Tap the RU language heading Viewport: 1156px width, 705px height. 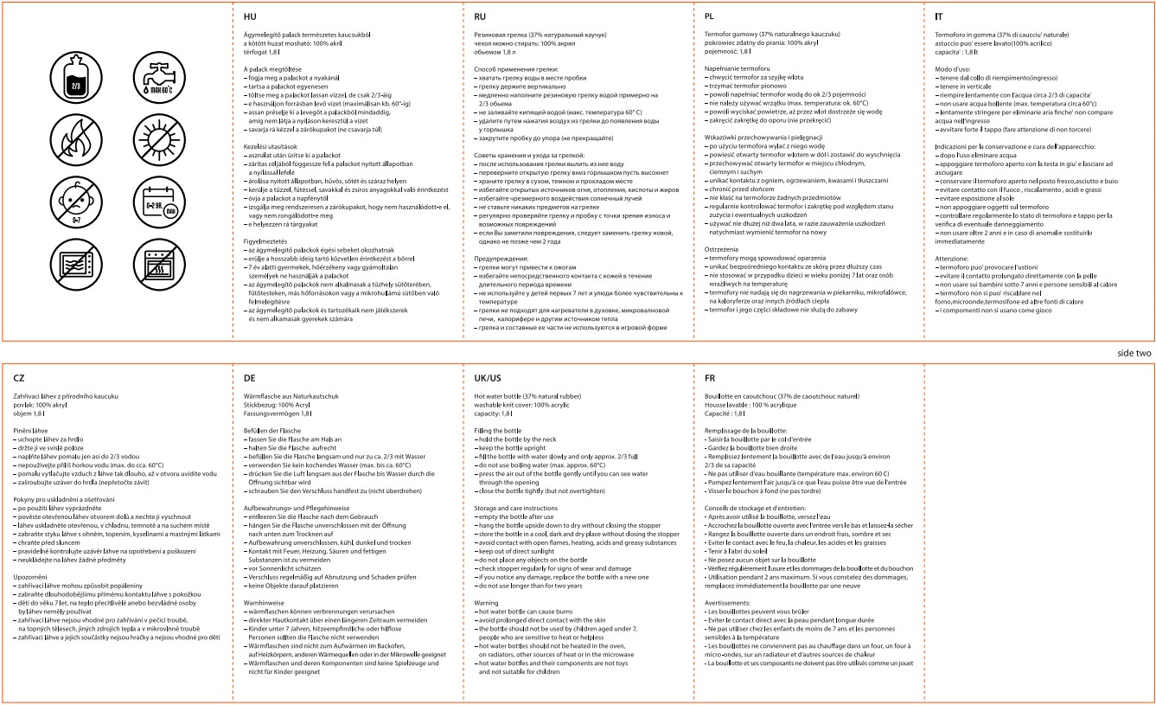tap(481, 16)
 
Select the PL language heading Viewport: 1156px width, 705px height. tap(711, 16)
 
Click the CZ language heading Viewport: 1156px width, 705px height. tap(20, 377)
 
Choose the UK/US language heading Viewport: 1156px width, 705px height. tap(489, 377)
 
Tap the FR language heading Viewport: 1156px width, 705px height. tap(712, 377)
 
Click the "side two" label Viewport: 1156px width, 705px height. tap(1134, 354)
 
